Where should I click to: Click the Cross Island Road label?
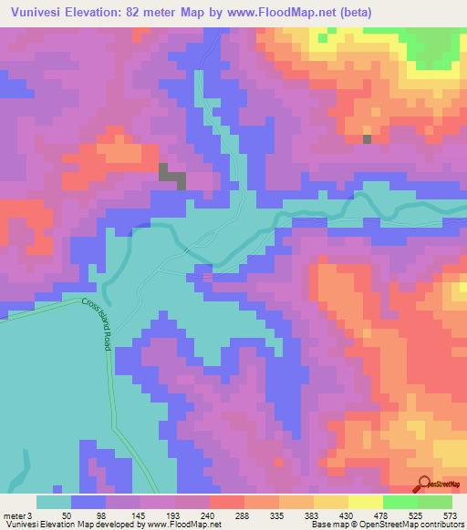click(x=94, y=324)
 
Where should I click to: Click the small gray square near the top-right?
click(x=368, y=139)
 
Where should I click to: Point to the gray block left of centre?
click(x=171, y=177)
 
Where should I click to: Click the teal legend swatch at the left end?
click(x=54, y=502)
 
